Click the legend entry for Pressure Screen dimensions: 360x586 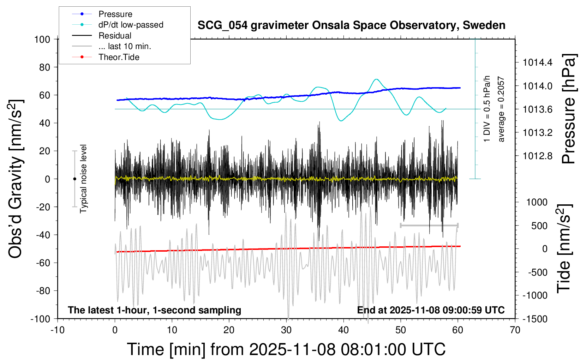(x=115, y=14)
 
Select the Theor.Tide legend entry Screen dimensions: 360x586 (x=119, y=57)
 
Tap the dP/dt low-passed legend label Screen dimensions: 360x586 (x=131, y=25)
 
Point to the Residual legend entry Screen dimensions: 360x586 (x=115, y=36)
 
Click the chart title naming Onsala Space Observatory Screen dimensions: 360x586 (x=351, y=25)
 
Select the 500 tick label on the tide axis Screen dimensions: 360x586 (x=539, y=226)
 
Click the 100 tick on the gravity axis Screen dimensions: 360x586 (x=42, y=39)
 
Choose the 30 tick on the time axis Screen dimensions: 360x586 (x=286, y=330)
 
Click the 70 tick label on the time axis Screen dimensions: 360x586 (x=515, y=330)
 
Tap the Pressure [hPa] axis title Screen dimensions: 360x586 (x=568, y=109)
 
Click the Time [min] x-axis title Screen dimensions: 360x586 (x=286, y=349)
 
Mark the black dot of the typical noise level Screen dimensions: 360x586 (x=74, y=179)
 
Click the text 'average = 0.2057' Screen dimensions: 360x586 (x=501, y=109)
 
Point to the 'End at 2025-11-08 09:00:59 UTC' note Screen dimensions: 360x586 (x=431, y=310)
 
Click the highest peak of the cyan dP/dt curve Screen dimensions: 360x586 (x=376, y=79)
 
